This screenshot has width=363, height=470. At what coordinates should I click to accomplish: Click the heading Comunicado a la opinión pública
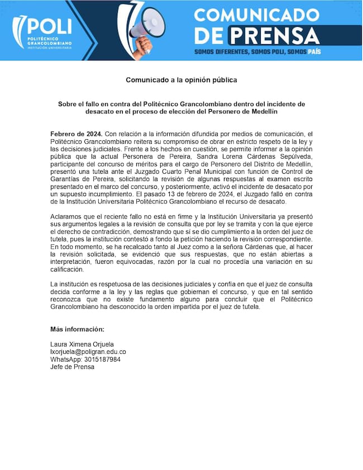click(x=181, y=80)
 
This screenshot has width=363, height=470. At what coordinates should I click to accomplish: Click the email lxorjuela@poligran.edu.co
click(x=88, y=352)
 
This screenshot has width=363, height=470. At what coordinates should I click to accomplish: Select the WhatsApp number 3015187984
click(x=103, y=359)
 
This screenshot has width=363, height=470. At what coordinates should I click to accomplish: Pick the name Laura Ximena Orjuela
click(x=82, y=344)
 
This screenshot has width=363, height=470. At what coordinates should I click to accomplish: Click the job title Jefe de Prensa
click(x=72, y=367)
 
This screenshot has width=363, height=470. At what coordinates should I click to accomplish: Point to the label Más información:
click(x=77, y=329)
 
